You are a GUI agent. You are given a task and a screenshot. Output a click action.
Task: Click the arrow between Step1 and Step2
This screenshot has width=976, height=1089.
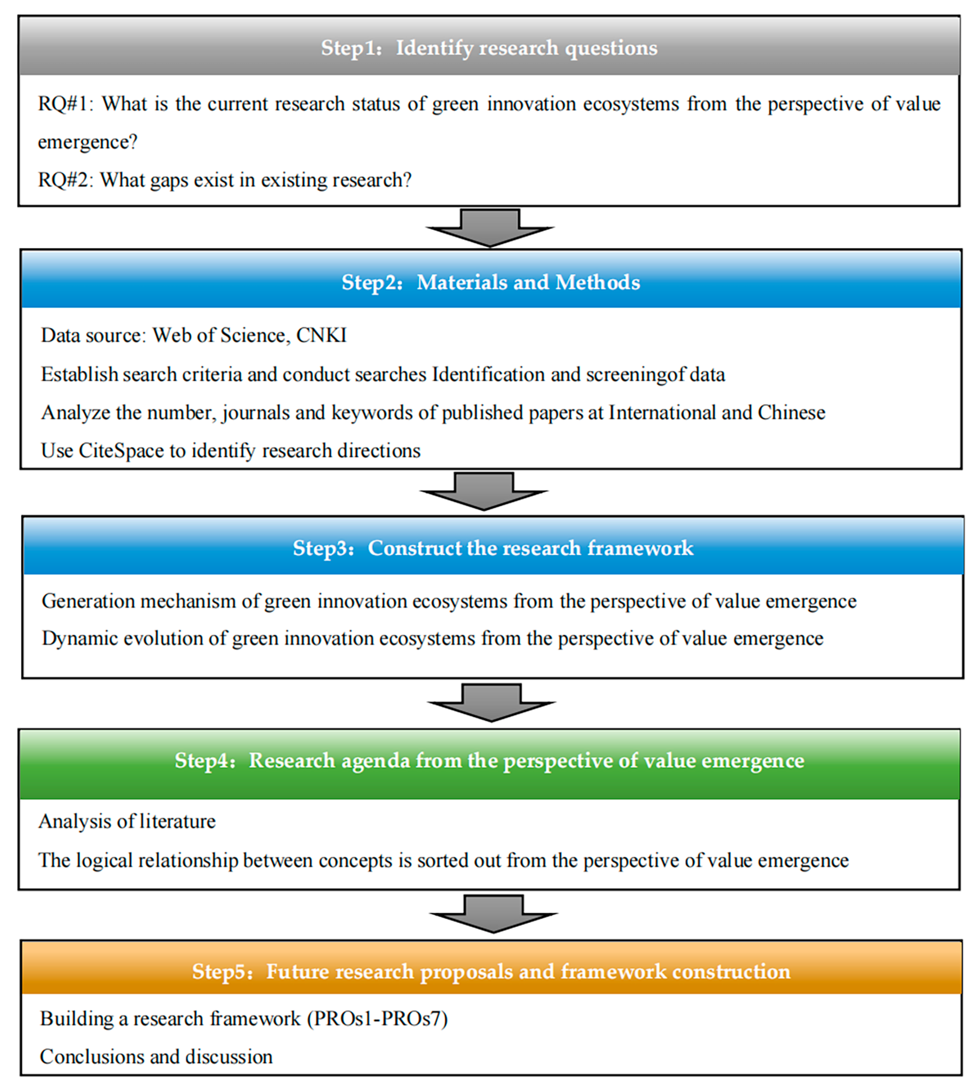[490, 227]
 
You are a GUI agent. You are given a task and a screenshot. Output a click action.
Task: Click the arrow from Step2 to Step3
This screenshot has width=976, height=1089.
[484, 491]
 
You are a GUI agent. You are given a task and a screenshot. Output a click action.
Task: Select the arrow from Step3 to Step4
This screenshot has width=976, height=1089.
[491, 702]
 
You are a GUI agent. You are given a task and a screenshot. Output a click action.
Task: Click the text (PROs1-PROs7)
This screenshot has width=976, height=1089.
[377, 1019]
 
